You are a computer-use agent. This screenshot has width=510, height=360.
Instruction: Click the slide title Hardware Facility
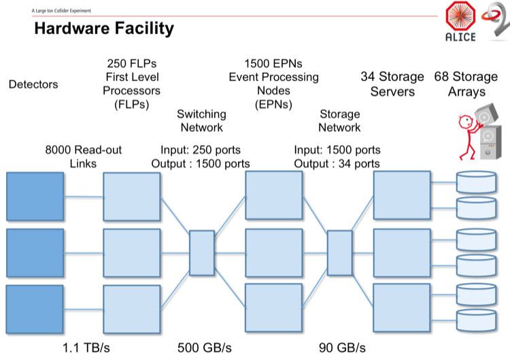104,29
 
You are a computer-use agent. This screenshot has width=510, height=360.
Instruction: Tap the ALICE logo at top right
460,22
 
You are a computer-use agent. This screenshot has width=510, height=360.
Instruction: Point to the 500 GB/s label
205,346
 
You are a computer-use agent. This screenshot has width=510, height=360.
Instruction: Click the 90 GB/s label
342,346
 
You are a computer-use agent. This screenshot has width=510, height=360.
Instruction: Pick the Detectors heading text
33,84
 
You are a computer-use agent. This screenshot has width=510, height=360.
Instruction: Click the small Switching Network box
201,253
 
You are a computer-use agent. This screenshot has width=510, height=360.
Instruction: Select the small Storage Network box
339,253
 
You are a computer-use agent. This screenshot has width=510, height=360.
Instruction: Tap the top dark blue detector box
35,197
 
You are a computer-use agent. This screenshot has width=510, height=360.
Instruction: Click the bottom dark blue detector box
35,309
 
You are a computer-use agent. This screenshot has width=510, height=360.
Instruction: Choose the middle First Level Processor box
131,253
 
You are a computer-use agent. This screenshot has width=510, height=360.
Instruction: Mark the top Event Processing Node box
273,195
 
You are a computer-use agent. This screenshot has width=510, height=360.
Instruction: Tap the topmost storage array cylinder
476,182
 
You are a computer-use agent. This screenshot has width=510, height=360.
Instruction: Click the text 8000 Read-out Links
84,157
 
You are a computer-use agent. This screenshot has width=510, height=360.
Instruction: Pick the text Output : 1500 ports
205,164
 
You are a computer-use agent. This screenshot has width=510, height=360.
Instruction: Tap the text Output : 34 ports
337,164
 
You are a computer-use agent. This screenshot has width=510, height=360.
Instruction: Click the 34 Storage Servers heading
392,84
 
